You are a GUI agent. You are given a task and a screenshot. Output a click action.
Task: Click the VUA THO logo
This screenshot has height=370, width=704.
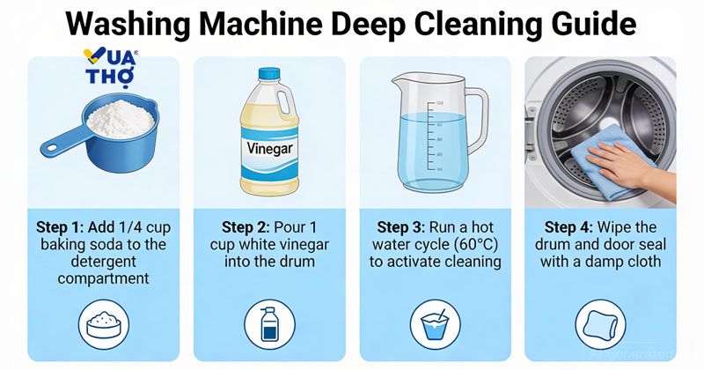[x=111, y=67]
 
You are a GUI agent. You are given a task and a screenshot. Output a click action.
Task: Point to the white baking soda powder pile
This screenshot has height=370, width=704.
[x=121, y=119]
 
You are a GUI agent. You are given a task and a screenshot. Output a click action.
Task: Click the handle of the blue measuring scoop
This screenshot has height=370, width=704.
[x=62, y=141]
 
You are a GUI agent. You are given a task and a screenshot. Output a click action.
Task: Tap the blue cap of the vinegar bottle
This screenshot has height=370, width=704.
[x=269, y=74]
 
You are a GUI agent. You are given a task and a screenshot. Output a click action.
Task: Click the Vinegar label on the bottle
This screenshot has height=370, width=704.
[x=270, y=148]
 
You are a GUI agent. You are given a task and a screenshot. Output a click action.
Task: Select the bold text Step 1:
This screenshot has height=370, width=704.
[x=60, y=227]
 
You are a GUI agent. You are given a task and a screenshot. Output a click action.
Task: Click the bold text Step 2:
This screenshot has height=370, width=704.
[x=246, y=227]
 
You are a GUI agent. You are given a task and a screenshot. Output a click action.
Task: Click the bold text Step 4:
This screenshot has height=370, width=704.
[x=568, y=227]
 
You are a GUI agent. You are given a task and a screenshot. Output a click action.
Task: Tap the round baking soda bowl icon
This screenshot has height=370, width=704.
[x=104, y=324]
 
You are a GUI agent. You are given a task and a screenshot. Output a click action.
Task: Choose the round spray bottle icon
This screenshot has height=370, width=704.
[x=269, y=324]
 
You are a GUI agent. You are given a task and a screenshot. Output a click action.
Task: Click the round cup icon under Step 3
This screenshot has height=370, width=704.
[x=435, y=324]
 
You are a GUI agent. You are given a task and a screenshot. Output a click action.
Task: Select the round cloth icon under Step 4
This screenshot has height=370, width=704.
[x=601, y=324]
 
